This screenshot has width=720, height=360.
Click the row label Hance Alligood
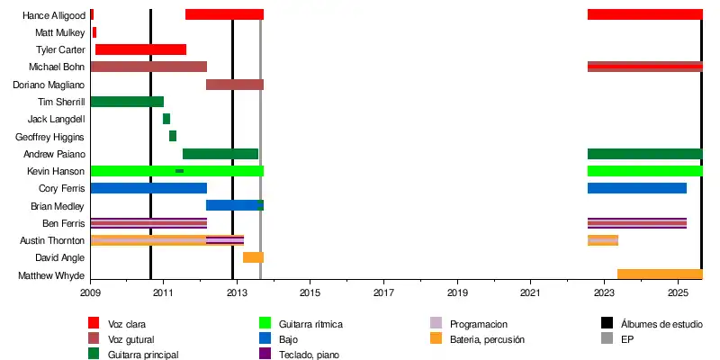[54, 15]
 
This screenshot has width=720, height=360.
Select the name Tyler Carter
[60, 49]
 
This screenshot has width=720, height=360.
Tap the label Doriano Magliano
[49, 85]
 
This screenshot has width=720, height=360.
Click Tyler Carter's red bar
[140, 49]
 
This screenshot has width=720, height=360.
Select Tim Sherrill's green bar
[127, 102]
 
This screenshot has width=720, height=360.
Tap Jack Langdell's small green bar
[166, 119]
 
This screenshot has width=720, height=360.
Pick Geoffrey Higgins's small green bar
[173, 136]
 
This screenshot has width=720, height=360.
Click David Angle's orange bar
[253, 257]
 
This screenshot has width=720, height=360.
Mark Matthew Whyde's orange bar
[660, 274]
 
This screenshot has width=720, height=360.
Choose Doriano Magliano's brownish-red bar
[235, 85]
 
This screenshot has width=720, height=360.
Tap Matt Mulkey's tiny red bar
[94, 32]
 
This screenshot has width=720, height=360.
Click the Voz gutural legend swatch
[94, 339]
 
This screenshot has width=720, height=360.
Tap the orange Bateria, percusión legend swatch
[436, 339]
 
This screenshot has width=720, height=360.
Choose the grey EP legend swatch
[607, 339]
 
